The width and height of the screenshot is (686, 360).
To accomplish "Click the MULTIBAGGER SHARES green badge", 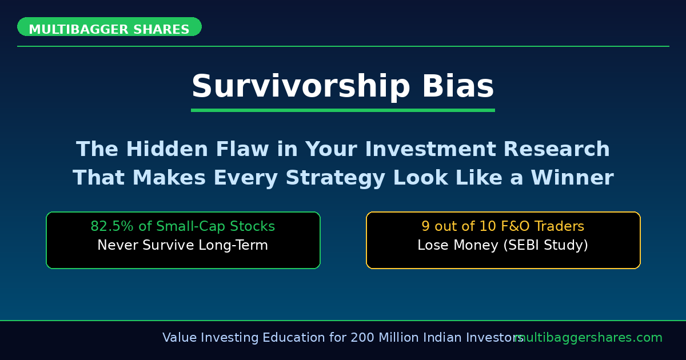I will [109, 27].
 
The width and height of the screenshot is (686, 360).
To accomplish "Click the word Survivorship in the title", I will [301, 87].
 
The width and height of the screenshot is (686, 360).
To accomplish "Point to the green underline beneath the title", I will [342, 110].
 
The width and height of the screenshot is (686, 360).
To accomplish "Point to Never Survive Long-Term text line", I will [182, 246].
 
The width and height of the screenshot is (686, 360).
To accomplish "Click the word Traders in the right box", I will [560, 227].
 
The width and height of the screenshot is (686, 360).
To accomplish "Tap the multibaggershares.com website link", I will [589, 338].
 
